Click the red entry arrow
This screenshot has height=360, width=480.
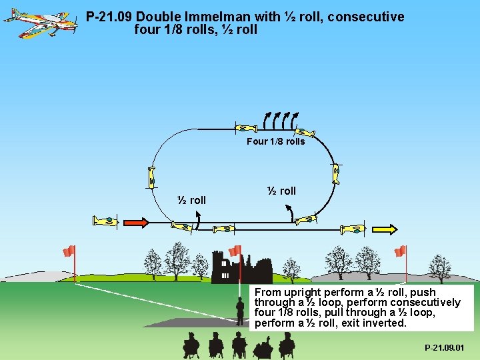[x=136, y=223]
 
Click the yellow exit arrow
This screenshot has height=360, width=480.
[x=384, y=229]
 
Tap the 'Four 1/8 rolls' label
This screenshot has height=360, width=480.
[x=275, y=141]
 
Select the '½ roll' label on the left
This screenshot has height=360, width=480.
[x=192, y=200]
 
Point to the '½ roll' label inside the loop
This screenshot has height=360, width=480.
[x=281, y=191]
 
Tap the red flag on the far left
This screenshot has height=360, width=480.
[x=69, y=251]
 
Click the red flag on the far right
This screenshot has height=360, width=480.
[x=400, y=251]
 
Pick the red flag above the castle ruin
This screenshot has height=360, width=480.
[x=235, y=251]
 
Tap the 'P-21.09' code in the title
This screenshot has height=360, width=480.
[x=109, y=17]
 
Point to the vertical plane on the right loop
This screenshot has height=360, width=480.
[x=336, y=173]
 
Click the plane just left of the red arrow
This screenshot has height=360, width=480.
[x=105, y=221]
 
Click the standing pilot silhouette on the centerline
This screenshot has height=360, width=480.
[x=241, y=311]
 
